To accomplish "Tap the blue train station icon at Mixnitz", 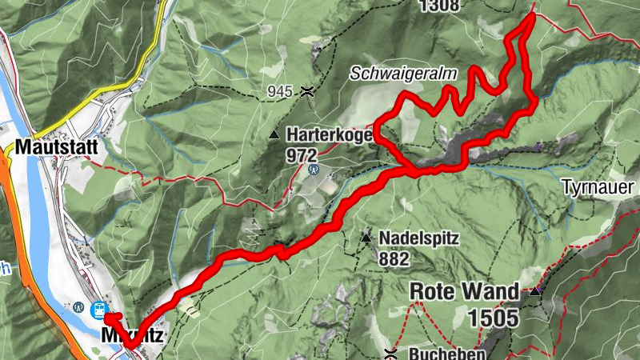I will pyautogui.click(x=101, y=308).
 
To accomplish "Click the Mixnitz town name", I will pyautogui.click(x=132, y=336).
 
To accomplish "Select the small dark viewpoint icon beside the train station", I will pyautogui.click(x=78, y=306).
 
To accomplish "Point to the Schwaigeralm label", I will pyautogui.click(x=402, y=74).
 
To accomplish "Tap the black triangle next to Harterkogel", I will pyautogui.click(x=274, y=134).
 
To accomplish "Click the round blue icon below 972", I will pyautogui.click(x=313, y=170).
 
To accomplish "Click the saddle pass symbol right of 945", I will pyautogui.click(x=306, y=92).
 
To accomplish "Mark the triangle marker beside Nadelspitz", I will pyautogui.click(x=366, y=238).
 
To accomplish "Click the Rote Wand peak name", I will pyautogui.click(x=464, y=291).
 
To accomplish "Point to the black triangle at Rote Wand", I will pyautogui.click(x=534, y=292).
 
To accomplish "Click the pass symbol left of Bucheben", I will pyautogui.click(x=391, y=353).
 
